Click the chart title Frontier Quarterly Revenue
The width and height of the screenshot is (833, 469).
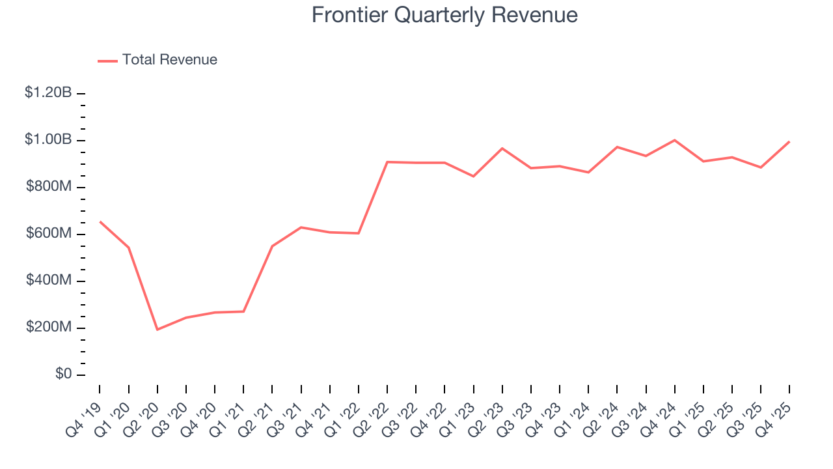(444, 15)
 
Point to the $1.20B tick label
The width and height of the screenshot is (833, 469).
(48, 93)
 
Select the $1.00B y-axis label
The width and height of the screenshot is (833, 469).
(48, 140)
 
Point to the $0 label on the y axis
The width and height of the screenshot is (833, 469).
(63, 375)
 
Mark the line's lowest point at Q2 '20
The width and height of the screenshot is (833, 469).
(157, 330)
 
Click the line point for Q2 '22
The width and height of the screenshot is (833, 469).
(387, 162)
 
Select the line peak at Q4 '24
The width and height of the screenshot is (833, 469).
(675, 140)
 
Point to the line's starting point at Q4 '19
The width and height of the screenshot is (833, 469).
(100, 221)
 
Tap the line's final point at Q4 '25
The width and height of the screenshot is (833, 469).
(789, 141)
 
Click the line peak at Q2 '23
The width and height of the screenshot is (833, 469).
(502, 149)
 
